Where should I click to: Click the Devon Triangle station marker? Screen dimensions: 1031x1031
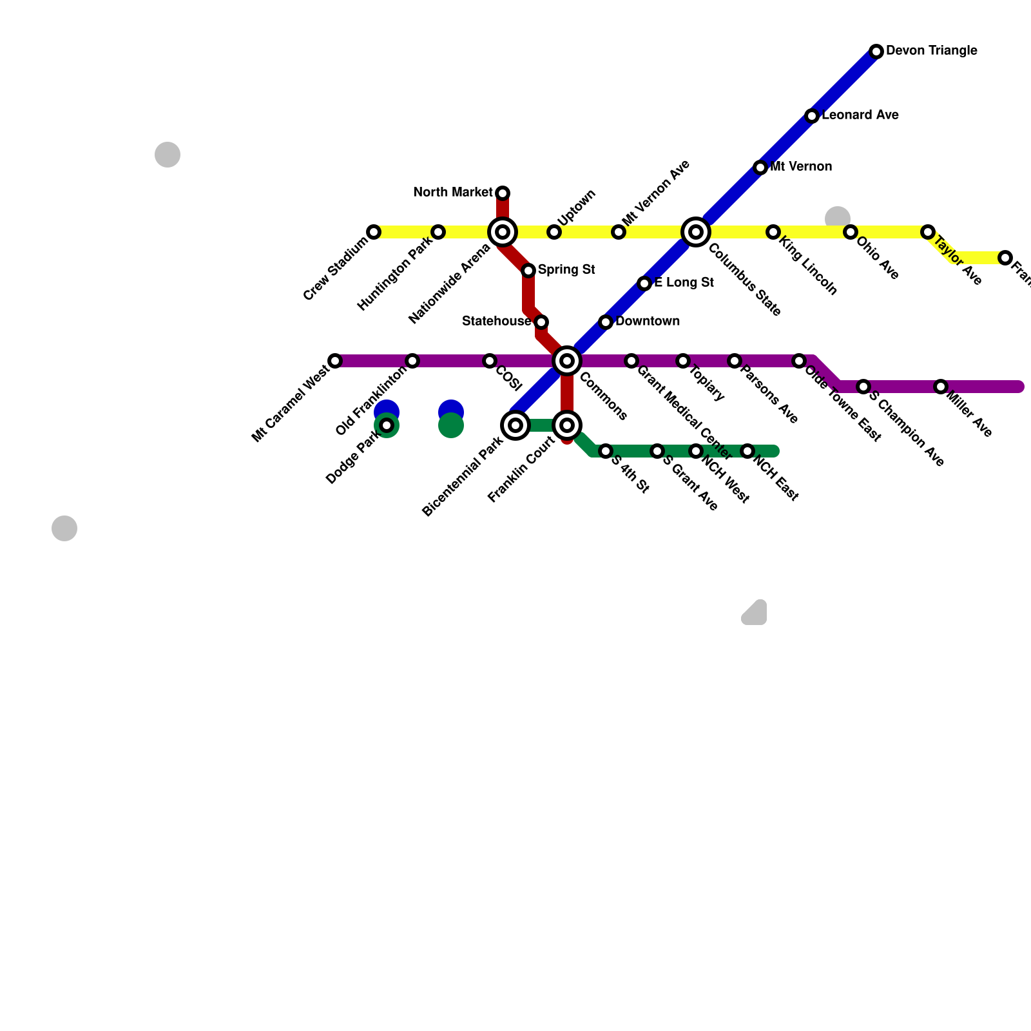876,52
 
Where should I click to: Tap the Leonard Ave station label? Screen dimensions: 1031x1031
860,115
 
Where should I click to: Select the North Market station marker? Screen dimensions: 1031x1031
503,193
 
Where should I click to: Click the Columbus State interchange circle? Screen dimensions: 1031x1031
696,232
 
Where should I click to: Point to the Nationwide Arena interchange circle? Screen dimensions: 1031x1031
503,232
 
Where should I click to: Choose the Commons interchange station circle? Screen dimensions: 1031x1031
567,361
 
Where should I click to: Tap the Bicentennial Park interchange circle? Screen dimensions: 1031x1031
515,425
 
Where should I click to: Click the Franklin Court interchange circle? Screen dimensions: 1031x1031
567,425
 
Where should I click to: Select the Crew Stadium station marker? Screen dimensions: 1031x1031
374,232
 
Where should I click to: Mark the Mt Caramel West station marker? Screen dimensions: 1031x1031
335,361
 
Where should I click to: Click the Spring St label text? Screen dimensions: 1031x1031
566,270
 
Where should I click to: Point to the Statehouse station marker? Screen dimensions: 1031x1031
541,322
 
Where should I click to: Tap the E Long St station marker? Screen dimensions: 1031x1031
644,284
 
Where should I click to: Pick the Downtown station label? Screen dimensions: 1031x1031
647,322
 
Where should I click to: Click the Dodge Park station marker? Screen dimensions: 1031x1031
387,425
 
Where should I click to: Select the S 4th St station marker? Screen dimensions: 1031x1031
606,451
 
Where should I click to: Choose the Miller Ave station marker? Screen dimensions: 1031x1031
941,387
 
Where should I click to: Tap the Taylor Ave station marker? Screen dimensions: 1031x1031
928,232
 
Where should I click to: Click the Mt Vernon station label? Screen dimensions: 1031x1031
801,167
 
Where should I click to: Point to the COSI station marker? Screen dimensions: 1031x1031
490,361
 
